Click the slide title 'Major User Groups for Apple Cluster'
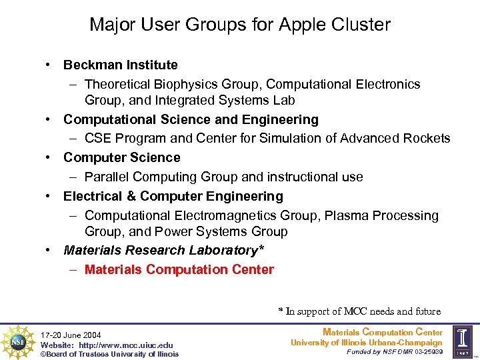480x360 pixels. coord(240,25)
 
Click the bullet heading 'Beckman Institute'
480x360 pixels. coord(120,65)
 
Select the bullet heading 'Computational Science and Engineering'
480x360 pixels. coord(191,120)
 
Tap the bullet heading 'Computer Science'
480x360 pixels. coord(121,158)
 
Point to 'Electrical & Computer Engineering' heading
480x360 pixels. coord(173,197)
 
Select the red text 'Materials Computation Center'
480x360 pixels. coord(179,270)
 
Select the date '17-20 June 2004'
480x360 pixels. coord(70,335)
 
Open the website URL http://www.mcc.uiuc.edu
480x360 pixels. coord(126,345)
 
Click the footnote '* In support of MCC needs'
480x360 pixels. coord(359,311)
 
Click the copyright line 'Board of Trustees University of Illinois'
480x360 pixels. coord(109,354)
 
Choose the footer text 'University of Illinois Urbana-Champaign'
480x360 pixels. coord(366,343)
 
